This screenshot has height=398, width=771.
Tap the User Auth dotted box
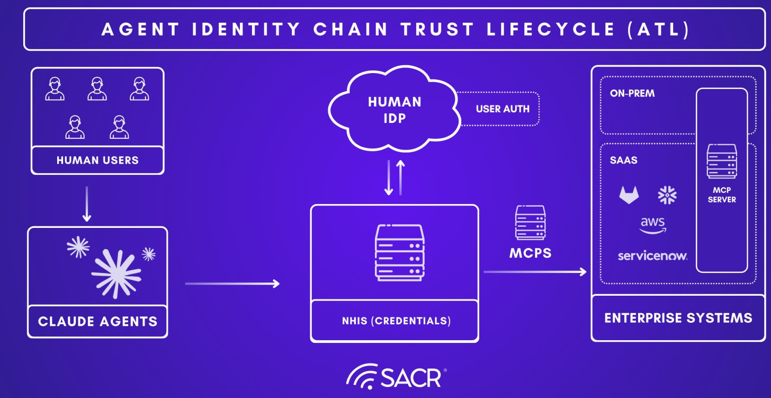(x=502, y=109)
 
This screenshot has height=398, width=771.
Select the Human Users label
(x=97, y=160)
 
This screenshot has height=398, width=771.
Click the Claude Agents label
(x=97, y=321)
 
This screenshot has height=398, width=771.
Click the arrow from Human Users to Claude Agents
(x=87, y=204)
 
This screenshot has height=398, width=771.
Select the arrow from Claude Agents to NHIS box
(x=232, y=284)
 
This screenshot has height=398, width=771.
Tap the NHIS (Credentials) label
(x=395, y=321)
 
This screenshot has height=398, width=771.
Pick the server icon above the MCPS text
(x=530, y=223)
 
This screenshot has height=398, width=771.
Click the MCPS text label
(x=530, y=253)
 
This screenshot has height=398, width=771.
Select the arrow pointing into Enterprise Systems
(x=535, y=272)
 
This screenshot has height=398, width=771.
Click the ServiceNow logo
(x=652, y=256)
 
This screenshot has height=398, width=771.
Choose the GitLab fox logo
(x=629, y=194)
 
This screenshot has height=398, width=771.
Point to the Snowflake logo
(x=667, y=194)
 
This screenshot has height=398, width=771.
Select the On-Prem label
(x=632, y=93)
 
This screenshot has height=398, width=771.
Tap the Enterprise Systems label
(x=678, y=318)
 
